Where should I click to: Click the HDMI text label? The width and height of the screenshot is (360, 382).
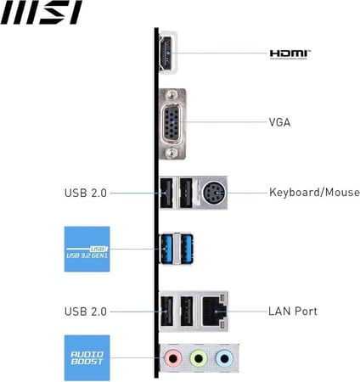click(290, 53)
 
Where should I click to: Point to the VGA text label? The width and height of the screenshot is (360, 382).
click(280, 122)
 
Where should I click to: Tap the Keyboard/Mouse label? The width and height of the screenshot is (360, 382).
click(310, 193)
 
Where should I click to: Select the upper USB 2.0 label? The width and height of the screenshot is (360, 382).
click(86, 193)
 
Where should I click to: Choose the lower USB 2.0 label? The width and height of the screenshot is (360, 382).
click(86, 312)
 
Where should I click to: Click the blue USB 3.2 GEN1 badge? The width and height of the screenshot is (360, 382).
click(87, 249)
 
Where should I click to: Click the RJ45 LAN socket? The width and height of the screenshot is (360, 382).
click(218, 312)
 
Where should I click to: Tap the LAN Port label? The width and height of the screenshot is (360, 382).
click(293, 312)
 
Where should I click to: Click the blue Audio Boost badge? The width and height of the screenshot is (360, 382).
click(87, 357)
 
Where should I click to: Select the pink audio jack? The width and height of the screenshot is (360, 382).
click(173, 359)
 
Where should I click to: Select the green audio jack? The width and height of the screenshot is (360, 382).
click(198, 359)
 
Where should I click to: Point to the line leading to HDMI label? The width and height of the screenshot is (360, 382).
click(221, 53)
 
